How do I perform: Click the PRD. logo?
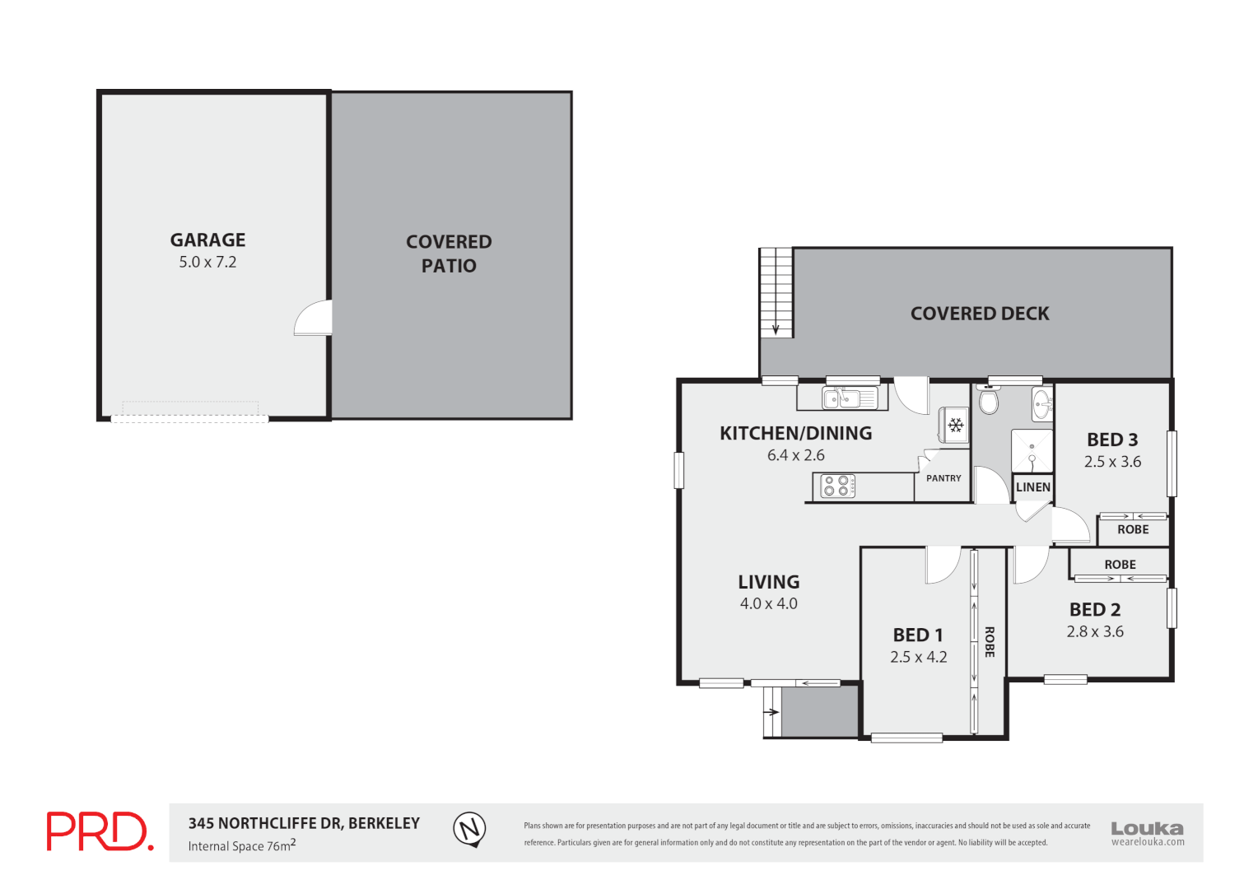(x=100, y=831)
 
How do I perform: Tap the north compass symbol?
(x=469, y=828)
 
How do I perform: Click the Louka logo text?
(x=1147, y=829)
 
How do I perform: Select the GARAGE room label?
(x=207, y=240)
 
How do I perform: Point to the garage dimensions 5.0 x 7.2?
(x=207, y=263)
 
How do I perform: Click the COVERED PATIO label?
(x=449, y=254)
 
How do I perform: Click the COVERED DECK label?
(x=980, y=314)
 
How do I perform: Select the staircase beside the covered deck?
(x=776, y=292)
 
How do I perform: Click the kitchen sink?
(x=850, y=399)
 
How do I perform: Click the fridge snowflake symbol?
(x=956, y=425)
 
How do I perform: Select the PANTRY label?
(x=943, y=478)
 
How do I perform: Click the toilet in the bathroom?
(x=989, y=401)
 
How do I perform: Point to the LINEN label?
(x=1032, y=487)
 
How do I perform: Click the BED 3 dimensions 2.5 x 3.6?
(x=1112, y=462)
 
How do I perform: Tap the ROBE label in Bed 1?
(x=990, y=642)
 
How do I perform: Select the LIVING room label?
(x=768, y=582)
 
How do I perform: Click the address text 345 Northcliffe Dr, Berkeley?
(x=304, y=823)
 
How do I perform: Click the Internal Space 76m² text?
(x=241, y=846)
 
